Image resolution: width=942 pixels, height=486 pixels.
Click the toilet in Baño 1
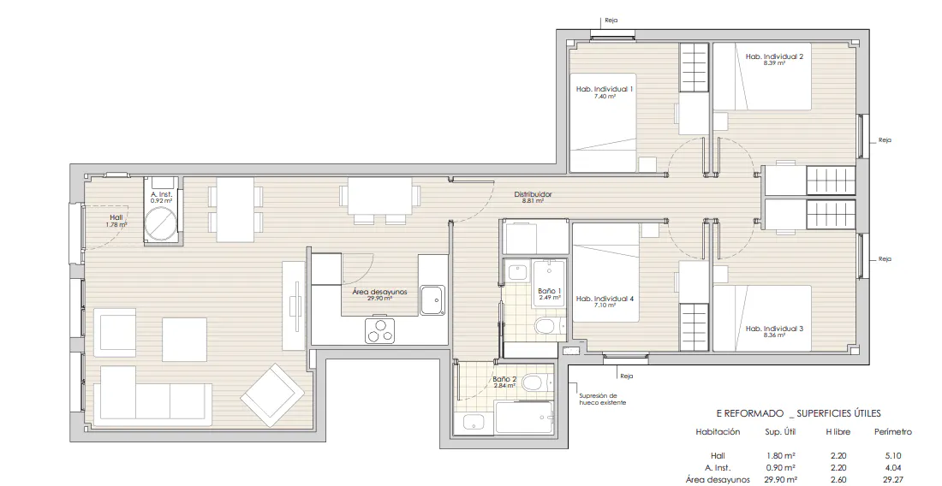click(x=549, y=326)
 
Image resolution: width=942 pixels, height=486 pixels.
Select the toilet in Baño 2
click(x=536, y=382)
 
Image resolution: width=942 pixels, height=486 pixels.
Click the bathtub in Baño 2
click(x=524, y=418)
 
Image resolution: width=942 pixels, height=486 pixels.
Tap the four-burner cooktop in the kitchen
click(x=379, y=330)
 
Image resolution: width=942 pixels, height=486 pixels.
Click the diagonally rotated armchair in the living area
click(x=272, y=394)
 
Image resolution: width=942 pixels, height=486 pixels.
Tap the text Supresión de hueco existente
click(x=603, y=399)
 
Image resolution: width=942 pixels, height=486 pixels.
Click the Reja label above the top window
click(x=611, y=21)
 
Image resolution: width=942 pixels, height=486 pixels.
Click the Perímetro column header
click(x=892, y=431)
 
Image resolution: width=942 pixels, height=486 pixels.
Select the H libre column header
click(x=838, y=431)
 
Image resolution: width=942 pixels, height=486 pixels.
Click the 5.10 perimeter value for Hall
click(x=892, y=455)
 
